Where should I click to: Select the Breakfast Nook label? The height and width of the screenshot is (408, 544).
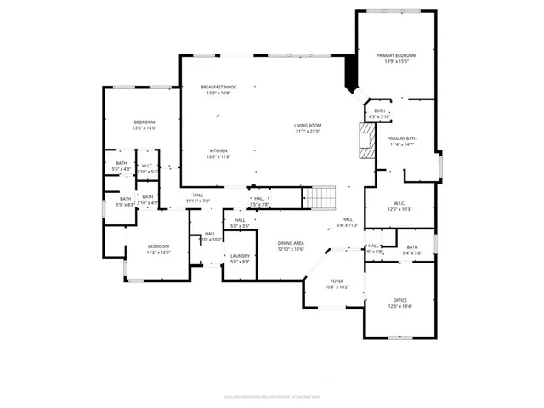click(x=218, y=88)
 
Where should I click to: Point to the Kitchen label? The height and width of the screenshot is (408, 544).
click(x=218, y=150)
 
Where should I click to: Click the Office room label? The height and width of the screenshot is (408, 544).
click(x=399, y=301)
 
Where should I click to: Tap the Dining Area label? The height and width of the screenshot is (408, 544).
click(x=291, y=243)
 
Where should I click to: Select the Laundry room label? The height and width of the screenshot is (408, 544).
click(x=239, y=256)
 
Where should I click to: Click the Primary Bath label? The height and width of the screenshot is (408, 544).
click(x=401, y=139)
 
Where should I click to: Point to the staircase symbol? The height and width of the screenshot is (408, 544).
click(x=320, y=199)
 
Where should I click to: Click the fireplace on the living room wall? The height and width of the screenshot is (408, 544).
click(x=366, y=140)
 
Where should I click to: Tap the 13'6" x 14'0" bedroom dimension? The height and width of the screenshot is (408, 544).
click(x=144, y=128)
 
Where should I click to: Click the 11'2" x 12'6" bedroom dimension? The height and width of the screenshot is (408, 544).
click(x=159, y=252)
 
